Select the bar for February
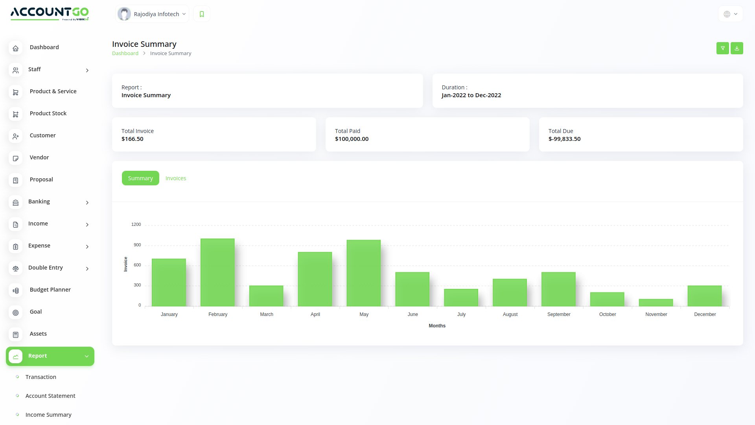point(217,272)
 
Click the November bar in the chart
point(656,303)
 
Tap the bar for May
point(364,273)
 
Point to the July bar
point(461,297)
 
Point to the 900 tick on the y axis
point(137,245)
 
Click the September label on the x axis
point(559,314)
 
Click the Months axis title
point(437,326)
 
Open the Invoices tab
point(176,178)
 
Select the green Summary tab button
point(140,178)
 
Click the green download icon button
point(737,48)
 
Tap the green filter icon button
point(723,48)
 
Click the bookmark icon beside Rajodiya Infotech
point(202,14)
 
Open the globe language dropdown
point(730,14)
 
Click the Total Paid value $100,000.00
point(352,139)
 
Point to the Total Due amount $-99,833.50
point(564,139)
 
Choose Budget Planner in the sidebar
point(50,290)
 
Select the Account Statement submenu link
point(50,396)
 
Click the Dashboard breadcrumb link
point(125,54)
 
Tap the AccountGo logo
point(50,13)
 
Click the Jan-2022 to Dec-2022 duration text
point(471,95)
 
